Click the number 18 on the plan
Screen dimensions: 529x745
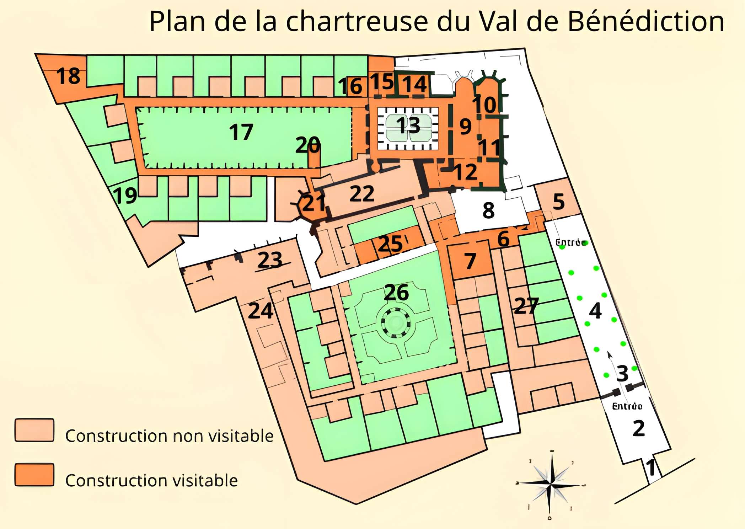coord(68,76)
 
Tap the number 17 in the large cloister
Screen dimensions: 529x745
coord(241,132)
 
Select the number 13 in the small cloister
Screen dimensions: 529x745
coord(408,125)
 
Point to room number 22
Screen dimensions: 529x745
coord(362,194)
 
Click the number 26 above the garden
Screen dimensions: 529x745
coord(396,292)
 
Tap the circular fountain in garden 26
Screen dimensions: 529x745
coord(395,322)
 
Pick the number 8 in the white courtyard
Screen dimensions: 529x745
coord(488,210)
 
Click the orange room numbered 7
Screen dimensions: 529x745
coord(470,261)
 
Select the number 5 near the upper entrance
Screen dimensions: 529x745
coord(558,202)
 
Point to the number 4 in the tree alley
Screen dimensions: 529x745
coord(595,310)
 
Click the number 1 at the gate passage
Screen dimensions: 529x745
coord(650,468)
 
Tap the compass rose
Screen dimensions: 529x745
coord(550,485)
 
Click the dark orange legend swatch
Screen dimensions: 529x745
coord(34,475)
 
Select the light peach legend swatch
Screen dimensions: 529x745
coord(34,430)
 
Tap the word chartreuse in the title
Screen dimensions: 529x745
coord(357,21)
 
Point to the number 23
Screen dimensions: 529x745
coord(270,260)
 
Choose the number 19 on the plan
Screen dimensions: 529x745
coord(125,196)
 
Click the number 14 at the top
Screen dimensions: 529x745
coord(414,85)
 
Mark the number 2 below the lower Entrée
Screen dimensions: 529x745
coord(638,428)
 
